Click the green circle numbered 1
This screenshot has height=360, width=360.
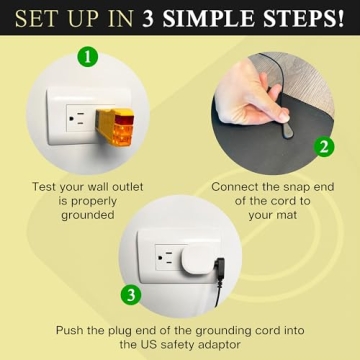coord(89,58)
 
